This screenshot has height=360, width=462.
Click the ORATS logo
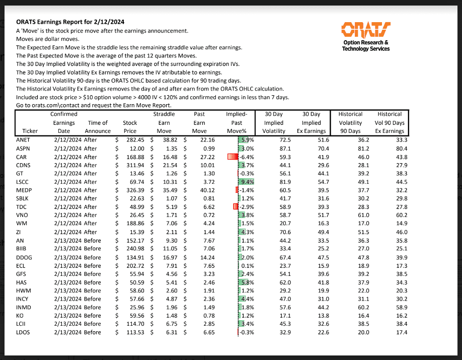click(365, 29)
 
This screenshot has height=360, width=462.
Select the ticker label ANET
click(24, 139)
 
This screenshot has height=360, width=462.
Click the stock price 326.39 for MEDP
click(134, 190)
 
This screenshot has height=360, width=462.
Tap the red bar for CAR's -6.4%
click(232, 157)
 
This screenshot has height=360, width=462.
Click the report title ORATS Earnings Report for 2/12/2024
click(70, 22)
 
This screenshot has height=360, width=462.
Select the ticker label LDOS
click(25, 332)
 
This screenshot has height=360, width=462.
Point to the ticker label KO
click(21, 315)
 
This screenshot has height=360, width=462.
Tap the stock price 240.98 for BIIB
click(134, 248)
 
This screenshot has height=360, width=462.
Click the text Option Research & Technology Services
click(365, 46)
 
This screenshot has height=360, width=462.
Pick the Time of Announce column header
click(98, 127)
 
